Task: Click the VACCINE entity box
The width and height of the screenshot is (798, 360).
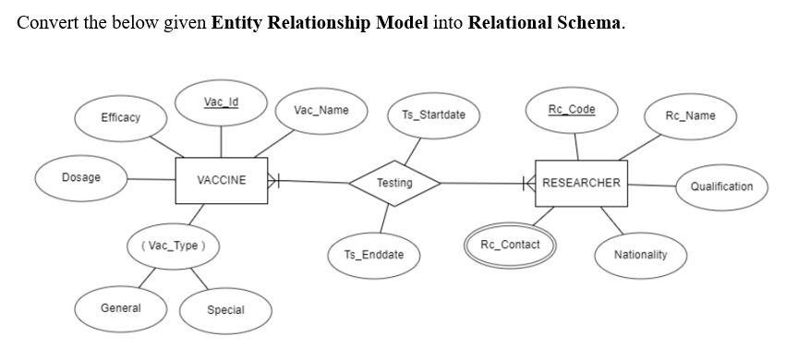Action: tap(221, 180)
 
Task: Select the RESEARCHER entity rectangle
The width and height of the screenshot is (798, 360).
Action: tap(581, 183)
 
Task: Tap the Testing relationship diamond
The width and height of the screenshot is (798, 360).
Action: tap(394, 183)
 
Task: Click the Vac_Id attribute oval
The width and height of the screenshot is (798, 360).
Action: tap(221, 102)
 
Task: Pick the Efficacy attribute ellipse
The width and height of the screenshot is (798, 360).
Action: tap(121, 117)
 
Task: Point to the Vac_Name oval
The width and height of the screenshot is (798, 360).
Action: tap(320, 111)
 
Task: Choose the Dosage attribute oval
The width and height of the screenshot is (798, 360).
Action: tap(81, 177)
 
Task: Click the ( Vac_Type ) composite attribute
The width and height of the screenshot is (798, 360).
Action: tap(174, 246)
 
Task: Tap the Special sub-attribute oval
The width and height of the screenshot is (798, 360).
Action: tap(225, 310)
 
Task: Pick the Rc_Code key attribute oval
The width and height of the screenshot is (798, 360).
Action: tap(572, 110)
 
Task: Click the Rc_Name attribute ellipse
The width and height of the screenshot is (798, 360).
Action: tap(690, 115)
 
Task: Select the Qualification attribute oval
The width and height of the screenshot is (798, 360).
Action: tap(721, 186)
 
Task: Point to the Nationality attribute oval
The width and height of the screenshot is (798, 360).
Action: tap(640, 254)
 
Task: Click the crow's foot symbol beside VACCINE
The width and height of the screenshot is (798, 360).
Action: tap(274, 181)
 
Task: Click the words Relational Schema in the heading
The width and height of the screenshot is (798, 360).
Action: tap(545, 22)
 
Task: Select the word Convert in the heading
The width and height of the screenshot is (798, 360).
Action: tap(44, 22)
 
